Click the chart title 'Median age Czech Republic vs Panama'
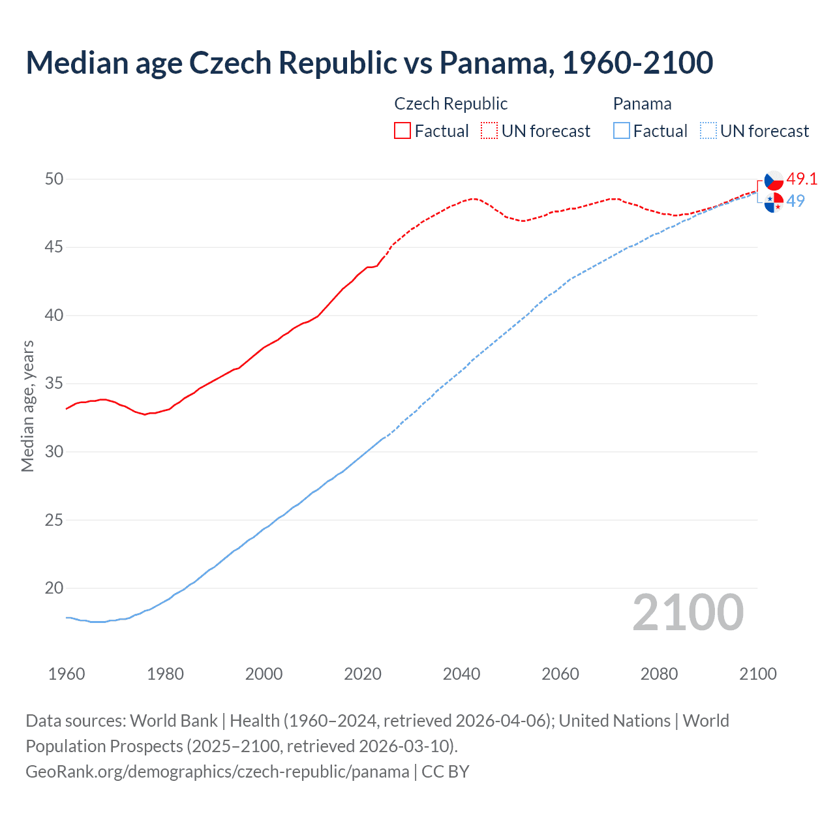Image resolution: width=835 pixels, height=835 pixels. coord(369,63)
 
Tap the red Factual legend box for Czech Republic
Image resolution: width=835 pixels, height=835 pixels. coord(402,130)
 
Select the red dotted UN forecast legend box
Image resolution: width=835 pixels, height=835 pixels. coord(489,130)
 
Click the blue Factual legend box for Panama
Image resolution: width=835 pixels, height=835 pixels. coord(622,130)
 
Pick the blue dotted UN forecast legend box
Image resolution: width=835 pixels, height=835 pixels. coord(708,130)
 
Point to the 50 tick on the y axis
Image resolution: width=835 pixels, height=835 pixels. coord(54,179)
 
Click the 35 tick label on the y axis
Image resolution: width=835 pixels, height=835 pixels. coord(54,383)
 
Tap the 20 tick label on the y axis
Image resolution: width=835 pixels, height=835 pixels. coord(54,588)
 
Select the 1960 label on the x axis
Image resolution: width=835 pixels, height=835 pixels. coord(67,674)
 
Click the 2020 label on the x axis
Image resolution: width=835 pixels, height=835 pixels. coord(363,674)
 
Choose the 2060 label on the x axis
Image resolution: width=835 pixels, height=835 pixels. coord(560,674)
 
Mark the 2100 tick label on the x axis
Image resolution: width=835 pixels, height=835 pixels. coord(757,674)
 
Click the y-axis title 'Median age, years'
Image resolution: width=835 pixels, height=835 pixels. coord(27,406)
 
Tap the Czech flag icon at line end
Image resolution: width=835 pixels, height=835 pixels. coord(774,181)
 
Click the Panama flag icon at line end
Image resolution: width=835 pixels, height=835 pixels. coord(774,203)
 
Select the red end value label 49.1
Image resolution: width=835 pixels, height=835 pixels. coord(802,179)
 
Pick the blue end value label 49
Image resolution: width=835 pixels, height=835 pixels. coord(796,201)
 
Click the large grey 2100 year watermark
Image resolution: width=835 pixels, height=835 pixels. coord(688,613)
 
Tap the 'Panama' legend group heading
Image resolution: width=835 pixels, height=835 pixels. coord(642,104)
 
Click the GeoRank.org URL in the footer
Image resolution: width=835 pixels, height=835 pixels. coord(217,771)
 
